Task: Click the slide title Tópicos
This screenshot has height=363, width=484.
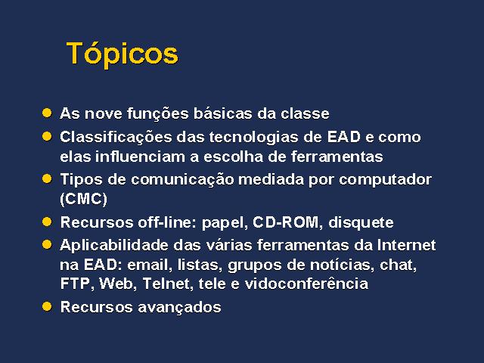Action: pos(123,54)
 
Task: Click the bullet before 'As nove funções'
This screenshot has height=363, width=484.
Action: pos(47,113)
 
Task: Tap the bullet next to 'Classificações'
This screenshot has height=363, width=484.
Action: pos(47,136)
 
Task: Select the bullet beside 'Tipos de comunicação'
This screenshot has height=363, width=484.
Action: pos(47,178)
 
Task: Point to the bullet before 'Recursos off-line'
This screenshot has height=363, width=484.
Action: pos(47,222)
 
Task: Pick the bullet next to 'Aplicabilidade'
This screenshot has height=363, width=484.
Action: pos(47,245)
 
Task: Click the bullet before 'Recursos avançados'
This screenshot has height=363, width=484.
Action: pos(47,306)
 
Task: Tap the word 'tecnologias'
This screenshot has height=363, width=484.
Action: pos(254,138)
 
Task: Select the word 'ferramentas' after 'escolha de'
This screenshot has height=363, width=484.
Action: pos(337,157)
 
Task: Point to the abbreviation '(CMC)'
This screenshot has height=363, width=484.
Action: pos(84,199)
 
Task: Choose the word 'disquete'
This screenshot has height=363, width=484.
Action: pos(361,223)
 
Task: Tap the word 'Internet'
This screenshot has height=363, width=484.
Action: pos(406,245)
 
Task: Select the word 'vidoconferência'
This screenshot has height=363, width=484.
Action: pos(306,284)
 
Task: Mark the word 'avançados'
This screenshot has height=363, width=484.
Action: pos(179,308)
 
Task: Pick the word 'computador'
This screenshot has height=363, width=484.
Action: pos(385,180)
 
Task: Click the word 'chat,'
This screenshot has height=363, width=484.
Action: pos(399,265)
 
